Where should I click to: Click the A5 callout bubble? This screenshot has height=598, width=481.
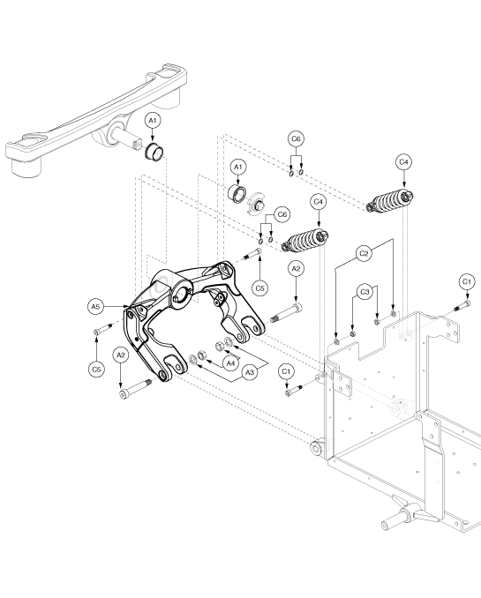click(95, 306)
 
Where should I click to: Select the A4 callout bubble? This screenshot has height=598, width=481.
click(230, 363)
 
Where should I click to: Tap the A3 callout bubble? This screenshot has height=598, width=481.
click(249, 372)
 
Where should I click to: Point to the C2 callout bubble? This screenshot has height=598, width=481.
click(365, 254)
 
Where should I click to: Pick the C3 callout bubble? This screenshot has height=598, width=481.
click(365, 292)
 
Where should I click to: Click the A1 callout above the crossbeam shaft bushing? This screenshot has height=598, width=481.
click(153, 121)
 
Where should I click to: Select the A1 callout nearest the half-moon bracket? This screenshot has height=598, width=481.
click(237, 167)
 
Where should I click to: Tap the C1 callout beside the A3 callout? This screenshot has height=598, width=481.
click(286, 371)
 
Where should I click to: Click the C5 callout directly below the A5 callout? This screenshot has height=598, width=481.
click(96, 370)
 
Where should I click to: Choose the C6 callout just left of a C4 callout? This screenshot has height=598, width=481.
click(282, 214)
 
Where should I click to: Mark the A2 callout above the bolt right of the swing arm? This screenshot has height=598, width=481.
click(296, 268)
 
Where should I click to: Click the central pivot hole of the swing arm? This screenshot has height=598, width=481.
click(182, 294)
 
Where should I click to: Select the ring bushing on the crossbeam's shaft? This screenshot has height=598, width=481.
click(154, 151)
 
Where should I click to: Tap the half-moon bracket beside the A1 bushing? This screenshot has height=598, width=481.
click(257, 201)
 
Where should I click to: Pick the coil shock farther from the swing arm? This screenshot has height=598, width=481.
click(390, 200)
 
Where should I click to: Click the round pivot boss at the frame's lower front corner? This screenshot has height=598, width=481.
click(317, 447)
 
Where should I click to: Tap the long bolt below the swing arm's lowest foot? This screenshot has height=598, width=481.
click(136, 389)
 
